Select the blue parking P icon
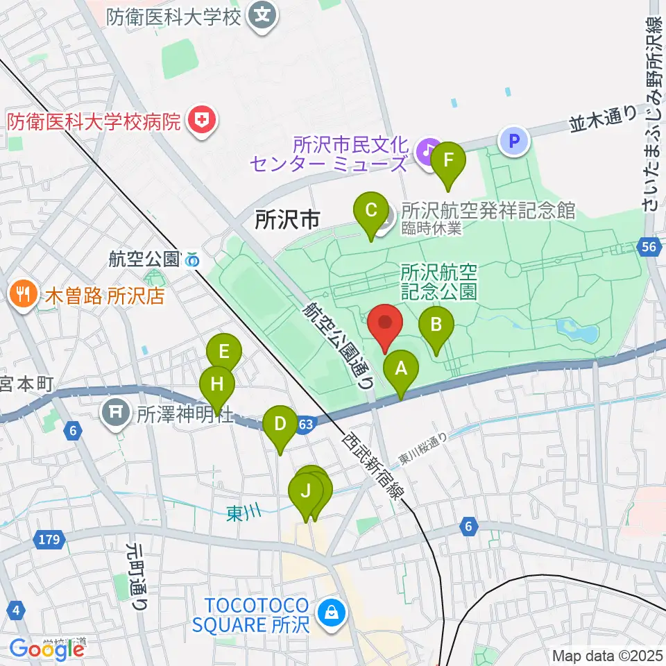(514, 141)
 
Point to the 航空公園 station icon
(192, 260)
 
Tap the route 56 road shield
(649, 248)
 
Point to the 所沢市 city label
(287, 221)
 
